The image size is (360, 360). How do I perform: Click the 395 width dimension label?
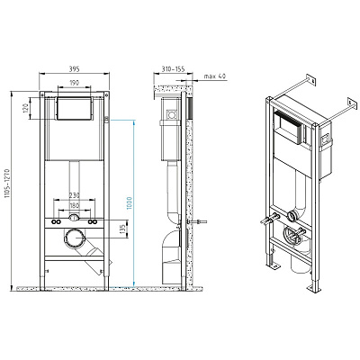(74, 69)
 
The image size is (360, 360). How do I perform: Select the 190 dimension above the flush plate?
(74, 83)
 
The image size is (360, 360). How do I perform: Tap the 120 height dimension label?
(25, 108)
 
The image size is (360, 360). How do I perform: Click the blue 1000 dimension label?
(130, 203)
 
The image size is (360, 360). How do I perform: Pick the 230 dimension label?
(74, 195)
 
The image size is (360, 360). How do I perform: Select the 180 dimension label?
(74, 206)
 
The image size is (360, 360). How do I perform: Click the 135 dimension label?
(121, 229)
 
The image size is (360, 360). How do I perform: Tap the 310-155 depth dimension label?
(173, 69)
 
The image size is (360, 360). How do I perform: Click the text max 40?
(214, 76)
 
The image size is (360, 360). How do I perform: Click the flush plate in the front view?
(74, 108)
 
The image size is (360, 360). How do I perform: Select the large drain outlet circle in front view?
(74, 238)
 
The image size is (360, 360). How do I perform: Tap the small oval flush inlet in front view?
(74, 218)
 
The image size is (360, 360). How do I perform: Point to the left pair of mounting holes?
(55, 222)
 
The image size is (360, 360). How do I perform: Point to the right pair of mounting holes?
(93, 222)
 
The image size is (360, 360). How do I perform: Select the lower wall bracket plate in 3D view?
(353, 103)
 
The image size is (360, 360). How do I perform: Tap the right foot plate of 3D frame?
(312, 289)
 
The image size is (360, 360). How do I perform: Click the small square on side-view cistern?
(172, 114)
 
